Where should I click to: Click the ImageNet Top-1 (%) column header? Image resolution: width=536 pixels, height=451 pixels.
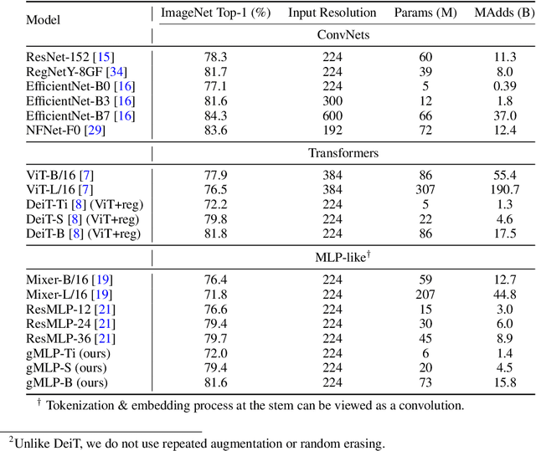214,13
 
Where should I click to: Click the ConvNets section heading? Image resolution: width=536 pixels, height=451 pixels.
343,35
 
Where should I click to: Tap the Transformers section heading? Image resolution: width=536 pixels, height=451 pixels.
343,153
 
